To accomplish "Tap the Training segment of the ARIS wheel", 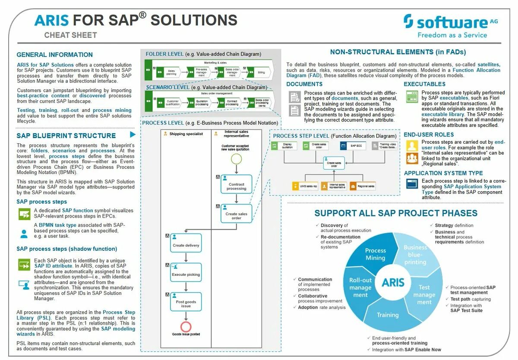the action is coord(387,315).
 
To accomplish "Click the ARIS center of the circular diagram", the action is coord(393,283).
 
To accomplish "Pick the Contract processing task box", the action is coord(236,185).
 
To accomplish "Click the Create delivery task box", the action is coord(186,244).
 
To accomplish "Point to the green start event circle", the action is coord(236,158).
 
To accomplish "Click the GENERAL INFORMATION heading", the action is coord(54,55).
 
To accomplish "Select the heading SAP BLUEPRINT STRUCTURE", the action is coord(66,136).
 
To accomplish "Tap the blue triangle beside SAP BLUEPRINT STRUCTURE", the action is coord(133,135).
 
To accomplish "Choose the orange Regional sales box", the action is coord(363,186).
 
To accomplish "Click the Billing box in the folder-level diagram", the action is coord(261,73).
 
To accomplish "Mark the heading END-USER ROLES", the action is coord(429,135).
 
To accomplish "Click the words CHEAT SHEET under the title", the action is coord(70,35).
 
